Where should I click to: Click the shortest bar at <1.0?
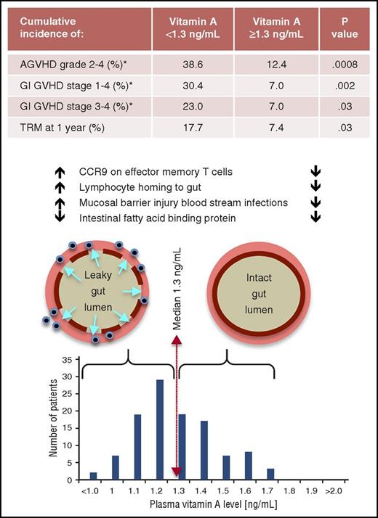(x=92, y=477)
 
